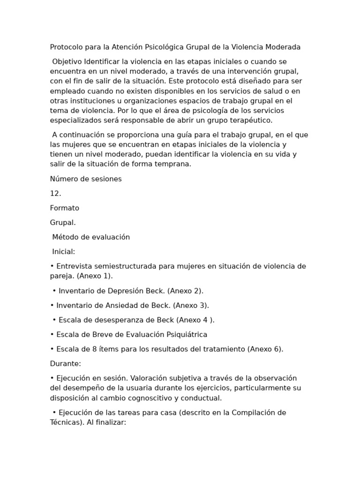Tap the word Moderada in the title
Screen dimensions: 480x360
pos(283,47)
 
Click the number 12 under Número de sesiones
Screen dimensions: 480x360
pos(54,193)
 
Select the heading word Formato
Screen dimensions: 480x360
pos(65,208)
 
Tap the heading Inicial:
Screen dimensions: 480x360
pos(64,251)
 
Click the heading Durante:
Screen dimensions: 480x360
pos(66,363)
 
